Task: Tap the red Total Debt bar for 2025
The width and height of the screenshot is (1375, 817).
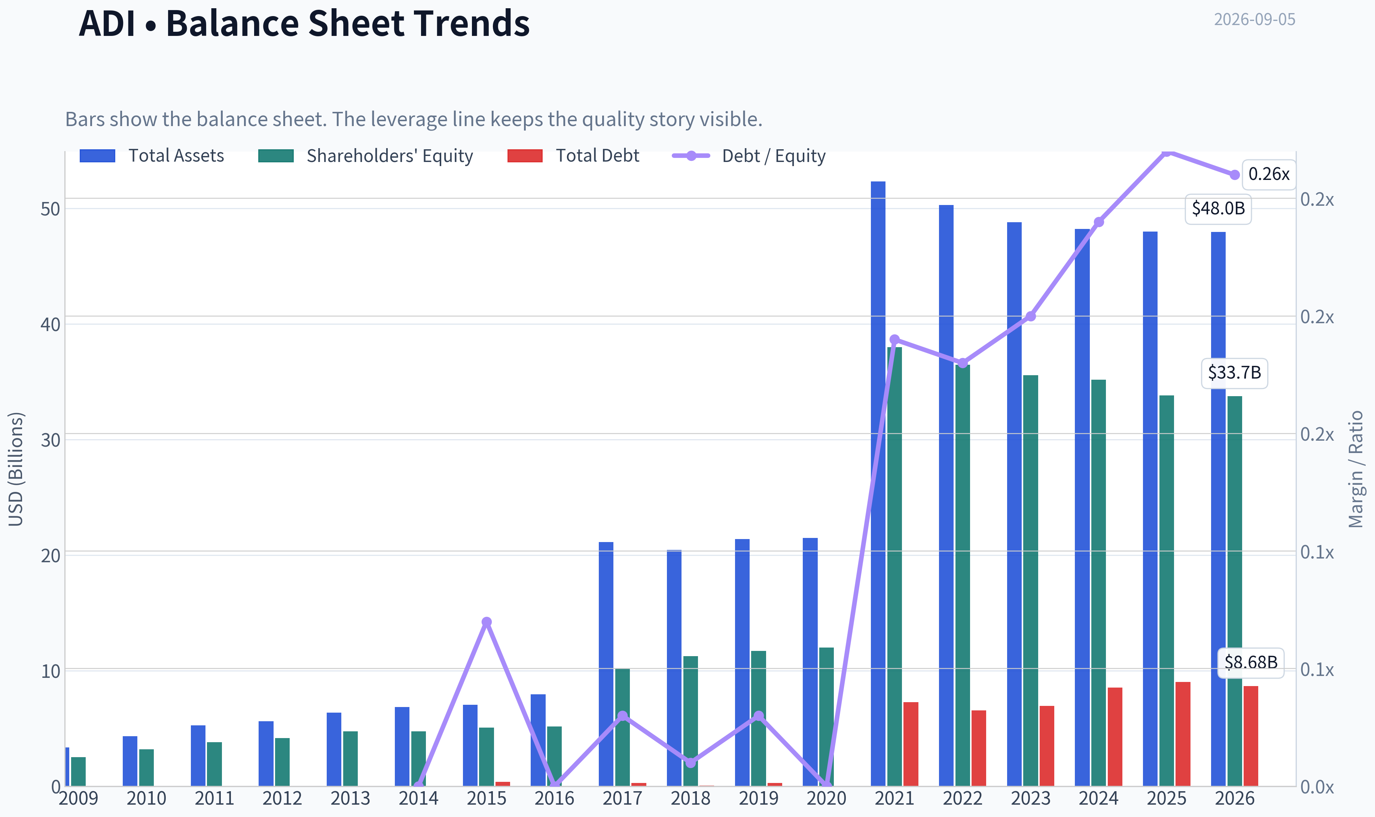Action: point(1183,734)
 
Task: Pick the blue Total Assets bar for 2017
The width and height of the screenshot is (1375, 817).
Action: point(606,664)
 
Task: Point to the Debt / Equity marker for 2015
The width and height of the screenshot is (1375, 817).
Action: point(486,622)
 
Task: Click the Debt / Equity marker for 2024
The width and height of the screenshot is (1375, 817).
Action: point(1098,222)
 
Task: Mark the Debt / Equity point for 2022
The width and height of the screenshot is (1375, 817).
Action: point(963,363)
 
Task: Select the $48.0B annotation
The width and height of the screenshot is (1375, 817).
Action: point(1218,209)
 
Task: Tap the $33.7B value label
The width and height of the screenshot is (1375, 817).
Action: point(1234,373)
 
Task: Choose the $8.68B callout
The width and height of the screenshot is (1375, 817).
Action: point(1250,662)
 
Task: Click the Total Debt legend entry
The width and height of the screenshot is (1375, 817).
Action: point(573,156)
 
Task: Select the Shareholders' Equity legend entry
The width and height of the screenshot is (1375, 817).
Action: point(366,156)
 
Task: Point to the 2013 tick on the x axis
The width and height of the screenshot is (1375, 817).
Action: point(350,798)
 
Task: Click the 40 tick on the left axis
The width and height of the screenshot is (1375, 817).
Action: point(50,324)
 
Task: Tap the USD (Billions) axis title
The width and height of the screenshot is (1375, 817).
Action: point(16,469)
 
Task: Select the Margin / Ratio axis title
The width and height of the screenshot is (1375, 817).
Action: point(1356,469)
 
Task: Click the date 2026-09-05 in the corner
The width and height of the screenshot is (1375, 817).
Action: point(1254,19)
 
